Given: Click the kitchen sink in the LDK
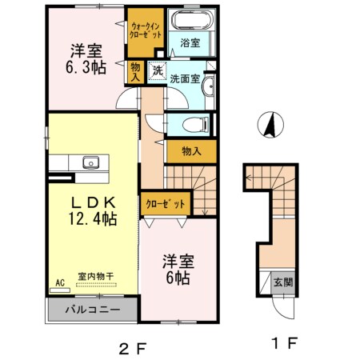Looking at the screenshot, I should [90, 164].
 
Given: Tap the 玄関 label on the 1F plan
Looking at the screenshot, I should [282, 282].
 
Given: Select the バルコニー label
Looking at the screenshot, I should [93, 309].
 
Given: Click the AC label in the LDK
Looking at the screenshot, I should [60, 282].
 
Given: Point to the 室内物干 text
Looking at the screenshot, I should [96, 277].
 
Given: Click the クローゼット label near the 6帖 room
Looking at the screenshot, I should [165, 204].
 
